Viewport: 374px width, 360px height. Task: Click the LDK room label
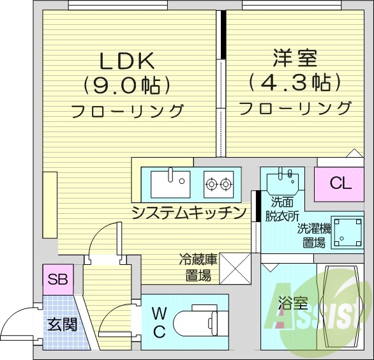tap(127, 61)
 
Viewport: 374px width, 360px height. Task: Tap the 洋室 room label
tap(295, 59)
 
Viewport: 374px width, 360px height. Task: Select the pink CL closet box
tap(341, 183)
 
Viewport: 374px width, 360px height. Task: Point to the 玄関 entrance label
tap(63, 324)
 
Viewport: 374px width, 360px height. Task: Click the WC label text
tap(160, 322)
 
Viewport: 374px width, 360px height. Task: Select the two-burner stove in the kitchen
tap(218, 184)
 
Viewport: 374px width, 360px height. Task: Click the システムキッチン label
tap(189, 213)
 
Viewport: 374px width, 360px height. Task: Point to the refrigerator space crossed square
tap(234, 267)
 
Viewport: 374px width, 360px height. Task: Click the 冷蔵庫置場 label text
tap(198, 267)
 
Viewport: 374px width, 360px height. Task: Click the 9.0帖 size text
tap(127, 84)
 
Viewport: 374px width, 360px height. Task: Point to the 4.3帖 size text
tap(295, 82)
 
